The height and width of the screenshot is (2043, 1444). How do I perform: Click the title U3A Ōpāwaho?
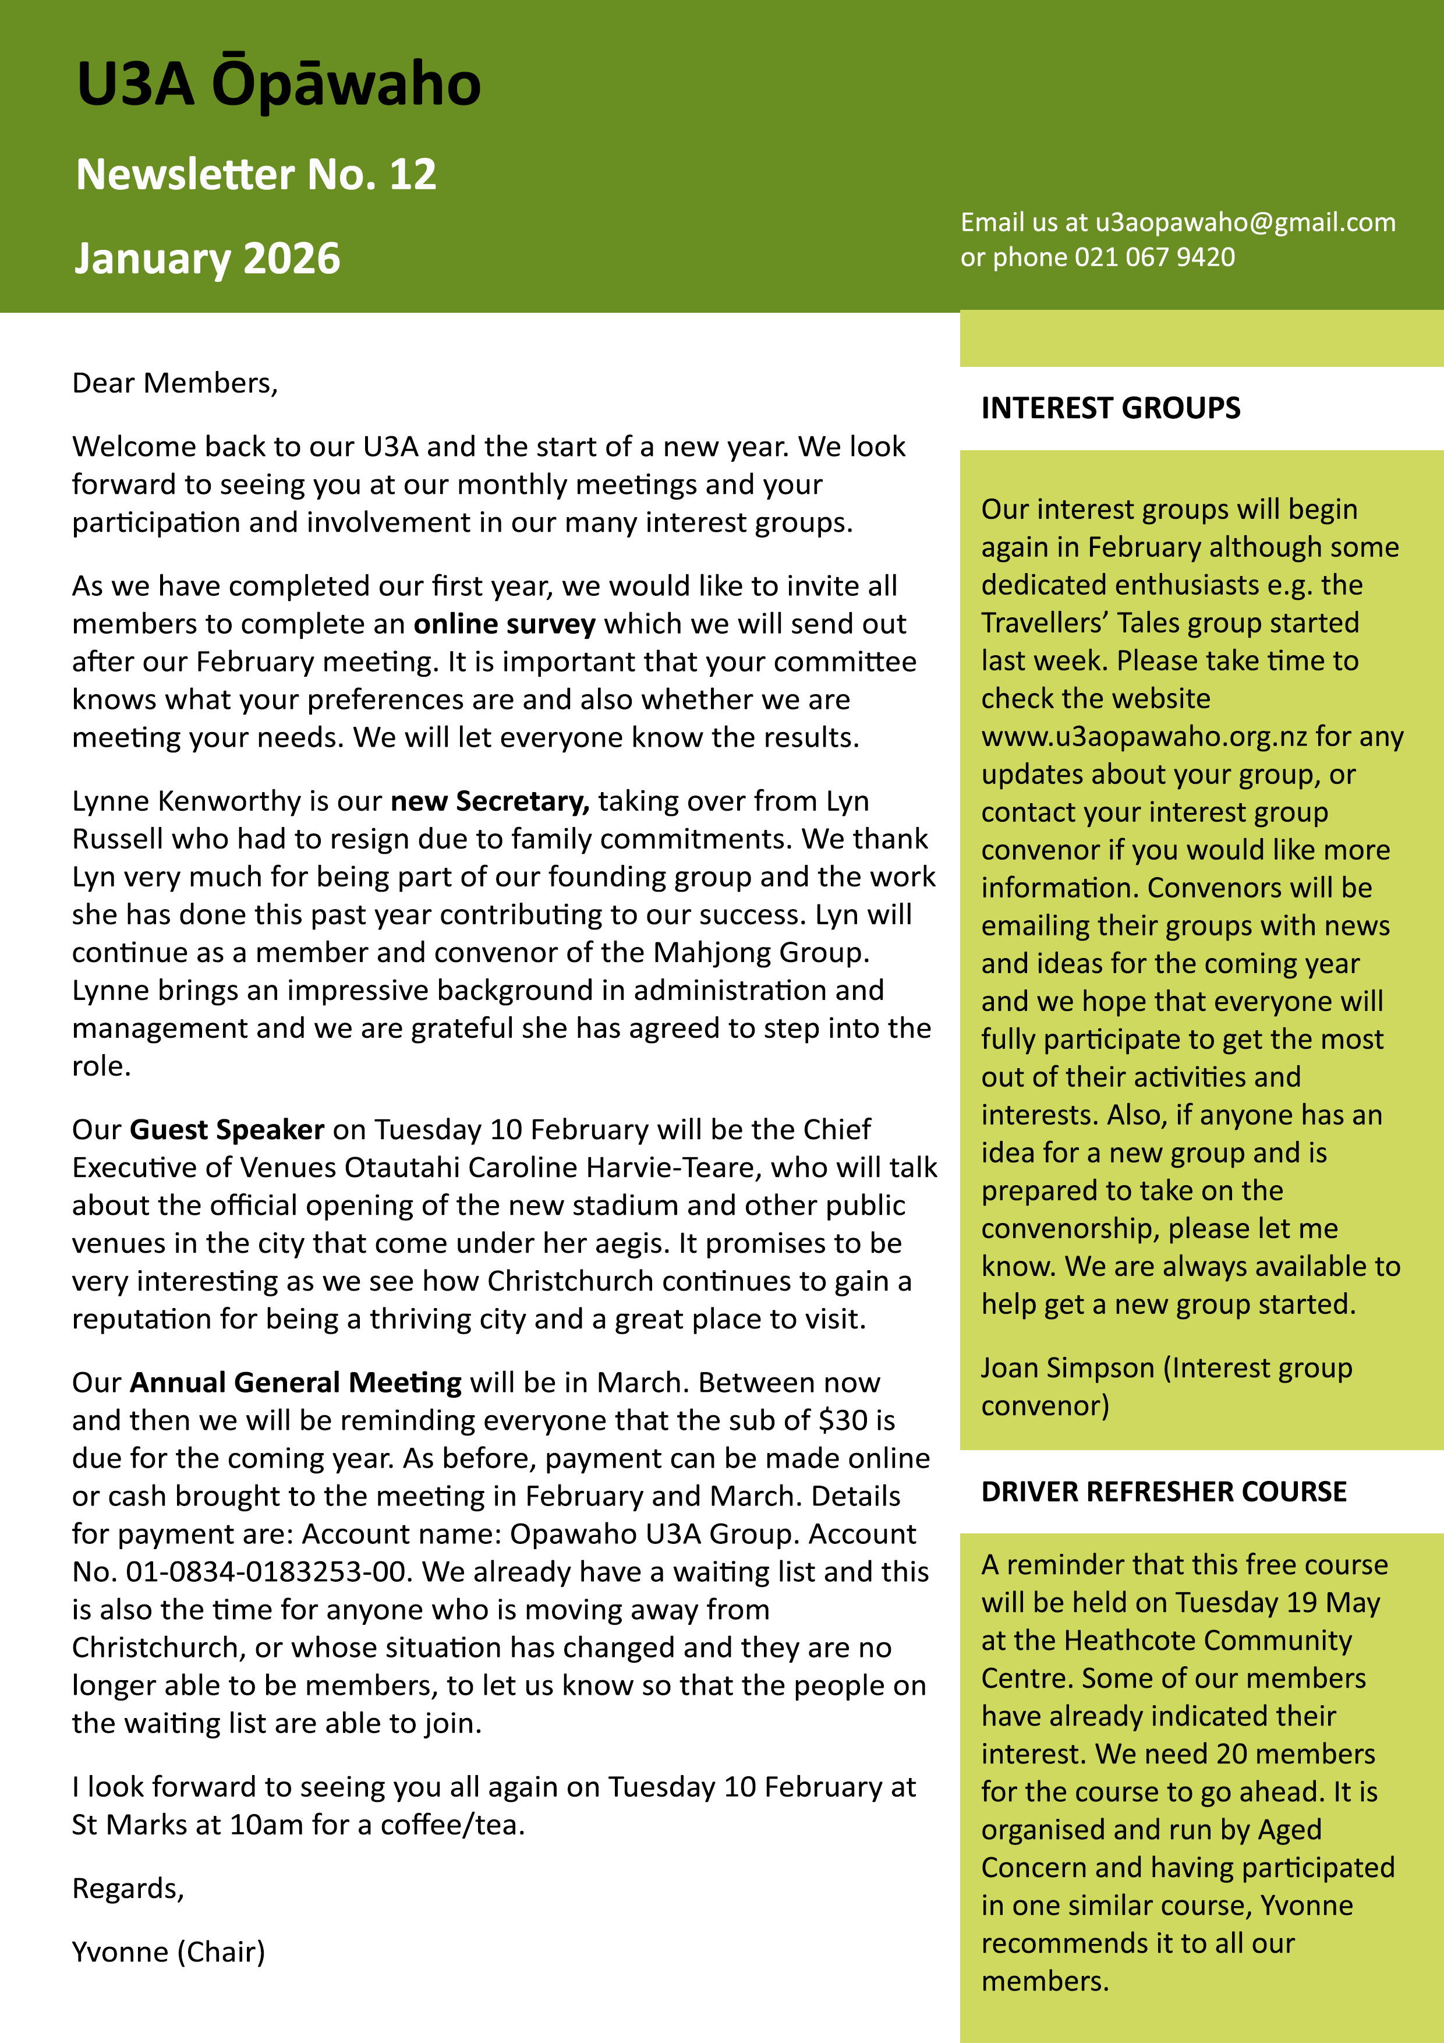pyautogui.click(x=278, y=84)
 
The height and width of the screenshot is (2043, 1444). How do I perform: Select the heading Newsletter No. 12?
pyautogui.click(x=256, y=174)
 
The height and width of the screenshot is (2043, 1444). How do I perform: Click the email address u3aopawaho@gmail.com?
pyautogui.click(x=1245, y=222)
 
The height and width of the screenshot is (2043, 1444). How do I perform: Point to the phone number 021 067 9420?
pyautogui.click(x=1154, y=257)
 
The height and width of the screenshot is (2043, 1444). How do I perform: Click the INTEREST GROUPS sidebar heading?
pyautogui.click(x=1110, y=408)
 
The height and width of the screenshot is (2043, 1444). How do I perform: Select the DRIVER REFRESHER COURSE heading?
pyautogui.click(x=1164, y=1491)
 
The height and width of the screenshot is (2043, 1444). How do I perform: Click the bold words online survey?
pyautogui.click(x=504, y=624)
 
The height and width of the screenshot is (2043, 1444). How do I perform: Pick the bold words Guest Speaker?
pyautogui.click(x=227, y=1129)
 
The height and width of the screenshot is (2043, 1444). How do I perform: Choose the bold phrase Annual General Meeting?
pyautogui.click(x=295, y=1382)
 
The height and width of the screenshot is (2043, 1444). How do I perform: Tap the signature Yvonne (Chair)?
pyautogui.click(x=168, y=1952)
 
